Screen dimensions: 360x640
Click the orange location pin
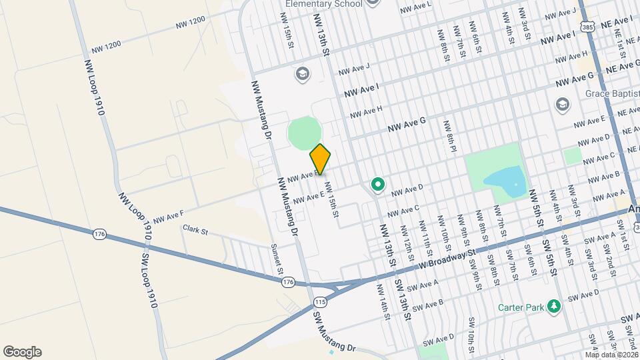[x=321, y=159]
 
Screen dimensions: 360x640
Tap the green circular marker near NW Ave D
[x=377, y=184]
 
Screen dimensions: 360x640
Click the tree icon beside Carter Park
[x=553, y=307]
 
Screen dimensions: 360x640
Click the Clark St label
[x=195, y=231]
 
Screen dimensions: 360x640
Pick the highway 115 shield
[x=321, y=301]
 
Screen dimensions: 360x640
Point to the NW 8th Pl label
[x=451, y=137]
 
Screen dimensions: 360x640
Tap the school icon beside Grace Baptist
[x=562, y=105]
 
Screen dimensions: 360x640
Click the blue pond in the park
[x=504, y=180]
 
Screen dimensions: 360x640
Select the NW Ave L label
[x=416, y=7]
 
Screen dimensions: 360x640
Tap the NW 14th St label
[x=383, y=301]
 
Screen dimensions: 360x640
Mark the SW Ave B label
[x=427, y=305]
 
